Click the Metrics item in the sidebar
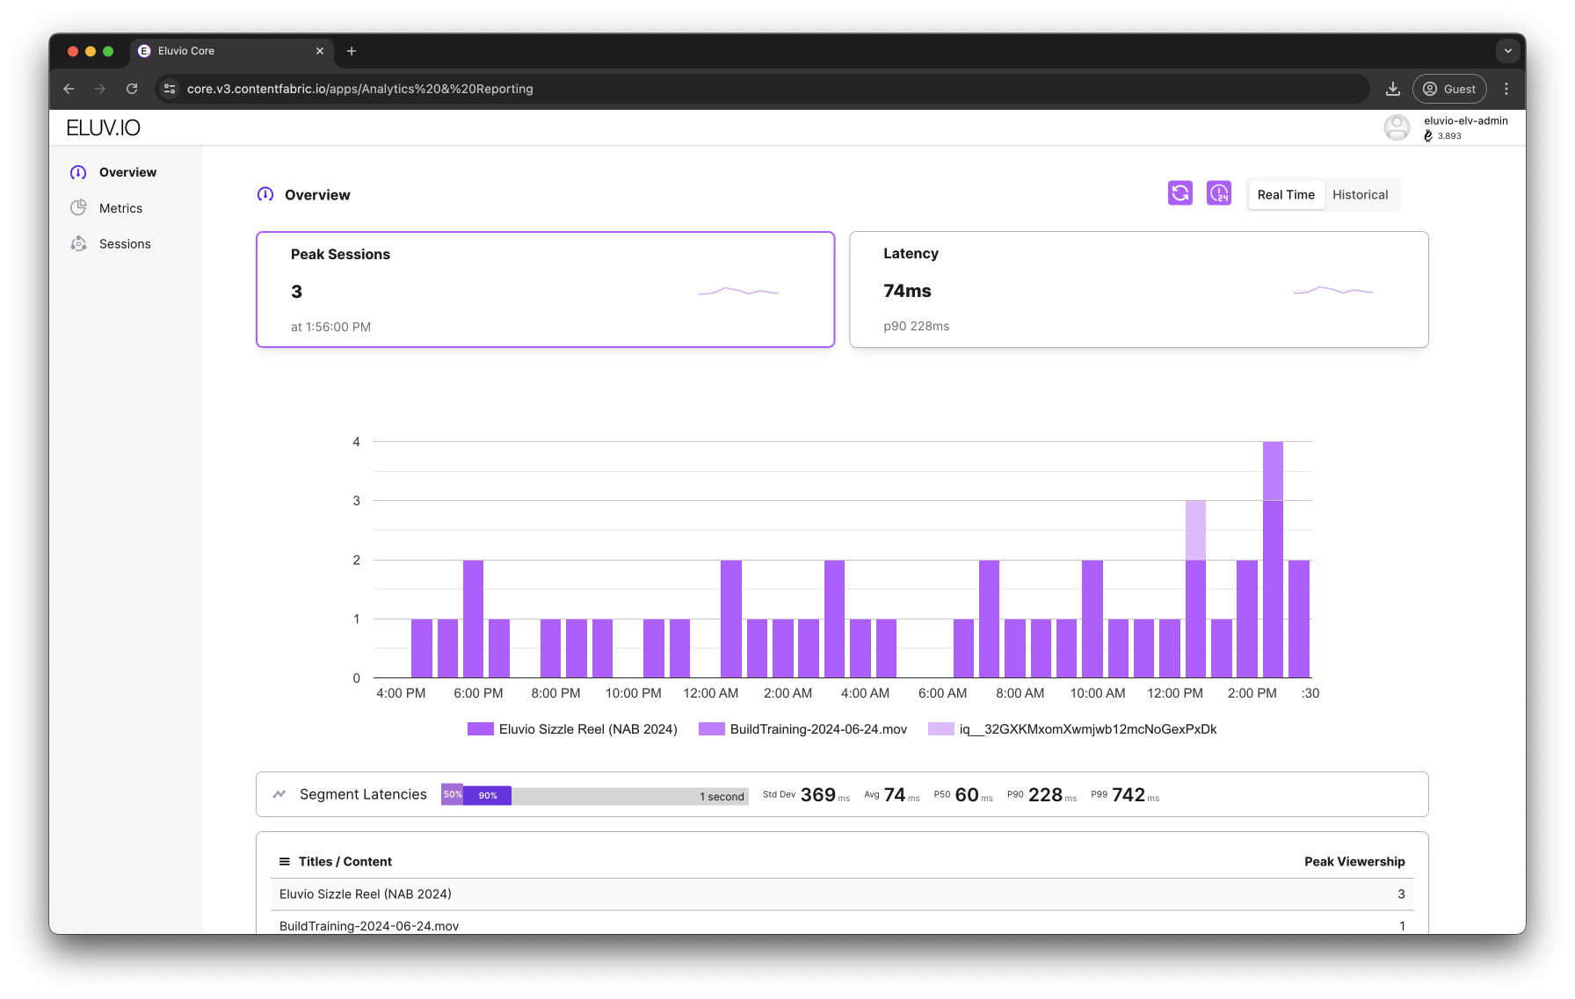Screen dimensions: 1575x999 coord(120,208)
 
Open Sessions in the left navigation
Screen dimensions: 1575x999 coord(125,244)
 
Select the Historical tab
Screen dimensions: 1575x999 coord(1360,195)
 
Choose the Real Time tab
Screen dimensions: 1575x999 coord(1286,195)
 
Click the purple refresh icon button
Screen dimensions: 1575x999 coord(1180,193)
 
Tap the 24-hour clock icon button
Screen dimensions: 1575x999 coord(1219,193)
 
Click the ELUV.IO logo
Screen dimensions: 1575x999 coord(104,128)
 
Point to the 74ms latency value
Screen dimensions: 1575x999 coord(907,291)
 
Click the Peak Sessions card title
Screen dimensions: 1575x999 coord(340,255)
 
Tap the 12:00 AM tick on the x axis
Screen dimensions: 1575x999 coord(710,693)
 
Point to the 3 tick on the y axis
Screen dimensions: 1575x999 coord(356,501)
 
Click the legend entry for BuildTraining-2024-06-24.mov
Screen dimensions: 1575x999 coord(802,729)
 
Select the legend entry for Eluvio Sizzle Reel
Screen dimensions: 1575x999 coord(572,729)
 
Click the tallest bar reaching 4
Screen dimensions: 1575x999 coord(1273,560)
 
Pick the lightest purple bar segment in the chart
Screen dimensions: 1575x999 coord(1195,530)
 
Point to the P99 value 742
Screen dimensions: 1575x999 coord(1128,795)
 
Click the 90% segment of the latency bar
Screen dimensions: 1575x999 coord(488,795)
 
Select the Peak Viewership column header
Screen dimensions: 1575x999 coord(1354,862)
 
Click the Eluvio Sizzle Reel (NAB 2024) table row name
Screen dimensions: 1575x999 coord(366,894)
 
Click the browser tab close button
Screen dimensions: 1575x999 coord(320,51)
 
